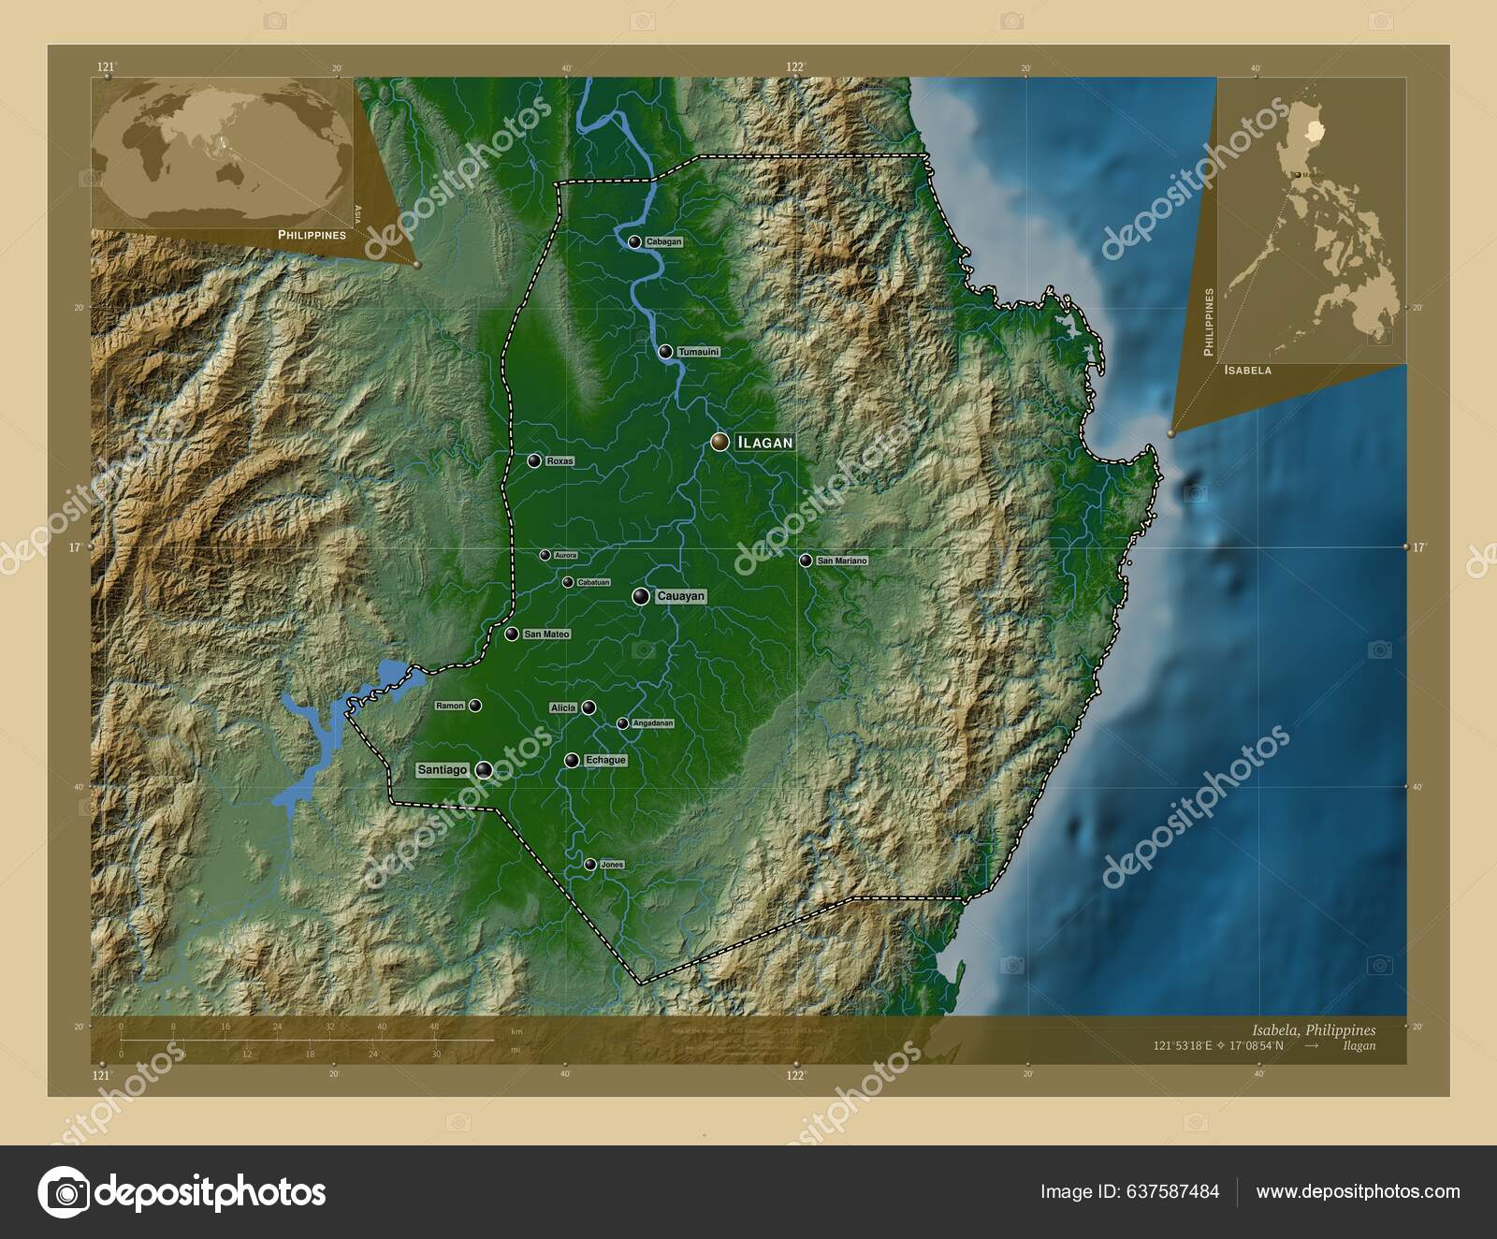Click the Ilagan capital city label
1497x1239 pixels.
point(765,442)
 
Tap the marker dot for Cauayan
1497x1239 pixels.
point(641,596)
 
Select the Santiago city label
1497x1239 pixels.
point(443,770)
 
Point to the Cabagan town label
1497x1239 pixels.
point(663,241)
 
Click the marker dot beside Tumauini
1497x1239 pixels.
point(665,352)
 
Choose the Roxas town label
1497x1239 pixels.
point(560,461)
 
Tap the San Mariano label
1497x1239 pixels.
point(842,561)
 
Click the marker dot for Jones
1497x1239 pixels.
point(589,865)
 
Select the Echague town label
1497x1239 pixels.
point(605,760)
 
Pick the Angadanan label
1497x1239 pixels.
point(652,723)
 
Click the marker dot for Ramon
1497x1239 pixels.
point(475,706)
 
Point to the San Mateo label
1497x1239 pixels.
point(546,634)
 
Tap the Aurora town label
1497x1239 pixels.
point(565,555)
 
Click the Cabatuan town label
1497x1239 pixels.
point(593,582)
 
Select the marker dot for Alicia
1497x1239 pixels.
point(589,707)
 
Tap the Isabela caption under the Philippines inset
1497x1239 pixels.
point(1247,371)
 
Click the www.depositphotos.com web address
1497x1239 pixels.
point(1358,1191)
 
